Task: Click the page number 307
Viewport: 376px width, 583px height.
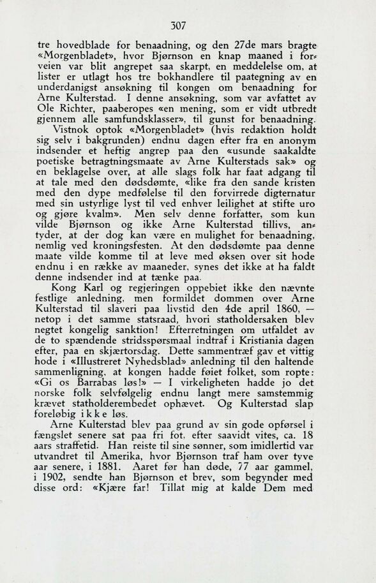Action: tap(187, 26)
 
